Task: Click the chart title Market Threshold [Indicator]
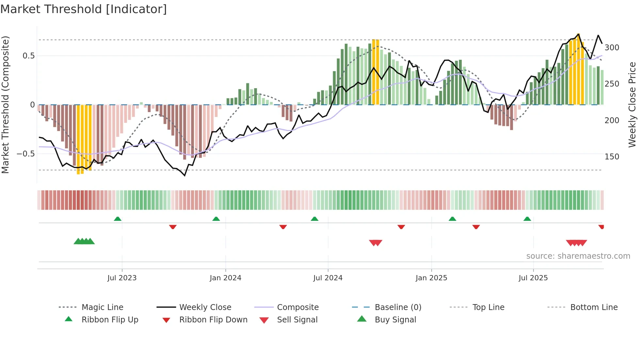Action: click(x=84, y=9)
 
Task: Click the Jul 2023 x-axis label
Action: click(x=122, y=278)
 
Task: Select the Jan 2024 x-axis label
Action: click(x=225, y=278)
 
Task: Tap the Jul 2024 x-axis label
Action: click(x=328, y=278)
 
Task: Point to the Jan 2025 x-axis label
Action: click(x=431, y=278)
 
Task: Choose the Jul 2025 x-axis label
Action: click(x=533, y=278)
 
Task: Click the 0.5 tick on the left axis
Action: click(x=29, y=56)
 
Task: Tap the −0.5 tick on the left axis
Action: click(x=26, y=154)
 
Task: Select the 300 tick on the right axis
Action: click(x=612, y=48)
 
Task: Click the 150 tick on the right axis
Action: click(x=612, y=157)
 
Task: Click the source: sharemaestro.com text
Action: click(x=578, y=256)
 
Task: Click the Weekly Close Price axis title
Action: click(x=632, y=105)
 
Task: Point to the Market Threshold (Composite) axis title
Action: click(x=5, y=105)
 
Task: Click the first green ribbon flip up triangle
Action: click(x=118, y=219)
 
